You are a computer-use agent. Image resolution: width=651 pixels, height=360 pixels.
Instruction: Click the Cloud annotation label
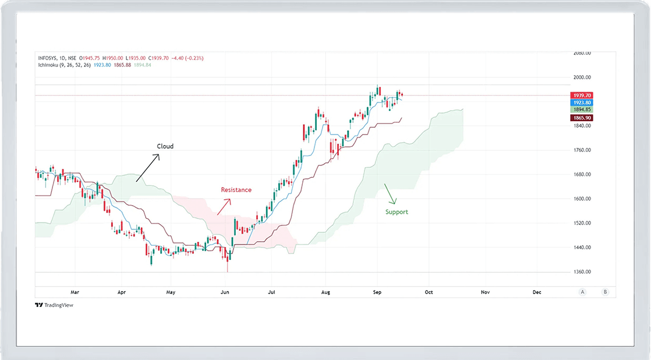tap(165, 146)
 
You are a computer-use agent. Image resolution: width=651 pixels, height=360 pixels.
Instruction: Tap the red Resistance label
tap(236, 190)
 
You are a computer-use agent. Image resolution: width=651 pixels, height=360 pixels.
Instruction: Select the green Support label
tap(397, 212)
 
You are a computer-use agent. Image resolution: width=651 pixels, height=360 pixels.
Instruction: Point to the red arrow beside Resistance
tap(224, 207)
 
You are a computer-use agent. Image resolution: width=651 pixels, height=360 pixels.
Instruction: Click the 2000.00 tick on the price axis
tap(583, 77)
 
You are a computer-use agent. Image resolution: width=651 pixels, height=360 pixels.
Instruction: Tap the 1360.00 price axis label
tap(583, 272)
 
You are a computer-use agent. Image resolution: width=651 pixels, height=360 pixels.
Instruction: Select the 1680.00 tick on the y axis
tap(583, 175)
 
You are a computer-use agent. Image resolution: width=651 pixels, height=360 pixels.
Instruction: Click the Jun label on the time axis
tap(225, 292)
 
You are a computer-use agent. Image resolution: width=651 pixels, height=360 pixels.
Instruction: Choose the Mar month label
tap(74, 292)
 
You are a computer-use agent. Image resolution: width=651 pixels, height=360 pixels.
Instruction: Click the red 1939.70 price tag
tap(583, 95)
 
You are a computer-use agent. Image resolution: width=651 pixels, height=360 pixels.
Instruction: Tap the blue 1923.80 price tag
tap(583, 102)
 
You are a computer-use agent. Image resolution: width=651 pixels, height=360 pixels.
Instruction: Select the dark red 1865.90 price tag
tap(583, 118)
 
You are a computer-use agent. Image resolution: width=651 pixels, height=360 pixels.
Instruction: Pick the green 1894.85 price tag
tap(583, 109)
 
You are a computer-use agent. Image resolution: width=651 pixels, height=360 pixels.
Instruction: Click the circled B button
tap(606, 292)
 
